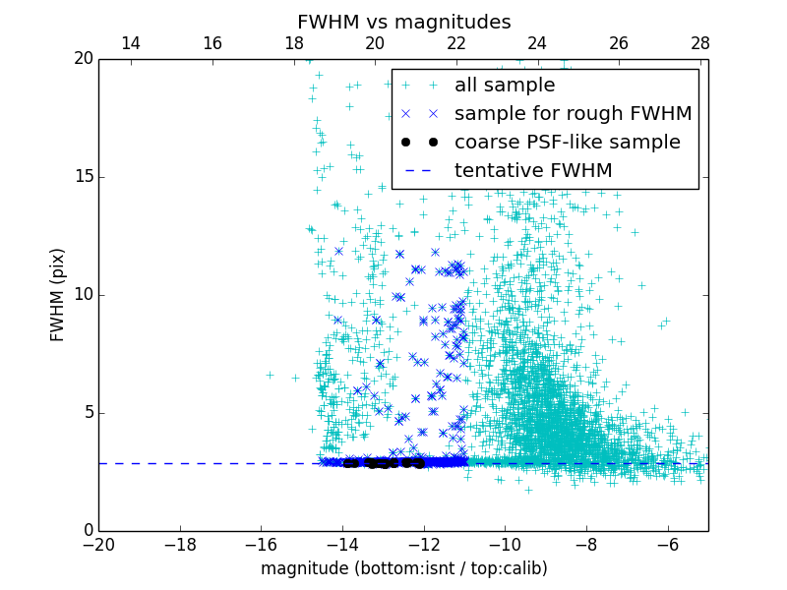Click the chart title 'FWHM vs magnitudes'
coord(403,22)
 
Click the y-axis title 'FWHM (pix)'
coord(58,295)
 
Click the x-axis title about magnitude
coord(403,568)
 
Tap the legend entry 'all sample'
coord(505,86)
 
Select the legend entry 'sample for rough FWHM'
coord(573,114)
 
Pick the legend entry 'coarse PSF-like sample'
coord(567,143)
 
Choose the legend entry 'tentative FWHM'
coord(533,171)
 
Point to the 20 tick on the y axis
coord(83,59)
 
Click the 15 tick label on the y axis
coord(83,177)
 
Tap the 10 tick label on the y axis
coord(83,295)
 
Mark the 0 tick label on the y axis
coord(87,531)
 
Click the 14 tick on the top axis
coord(130,43)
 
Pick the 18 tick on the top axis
coord(293,43)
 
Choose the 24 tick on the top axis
coord(537,43)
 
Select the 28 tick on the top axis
coord(699,43)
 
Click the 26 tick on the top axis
coord(619,43)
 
